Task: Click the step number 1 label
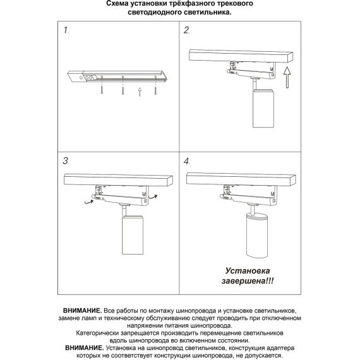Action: [x=67, y=30]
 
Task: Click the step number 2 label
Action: [x=187, y=30]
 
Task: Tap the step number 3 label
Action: [x=67, y=162]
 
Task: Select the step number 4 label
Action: [x=187, y=162]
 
